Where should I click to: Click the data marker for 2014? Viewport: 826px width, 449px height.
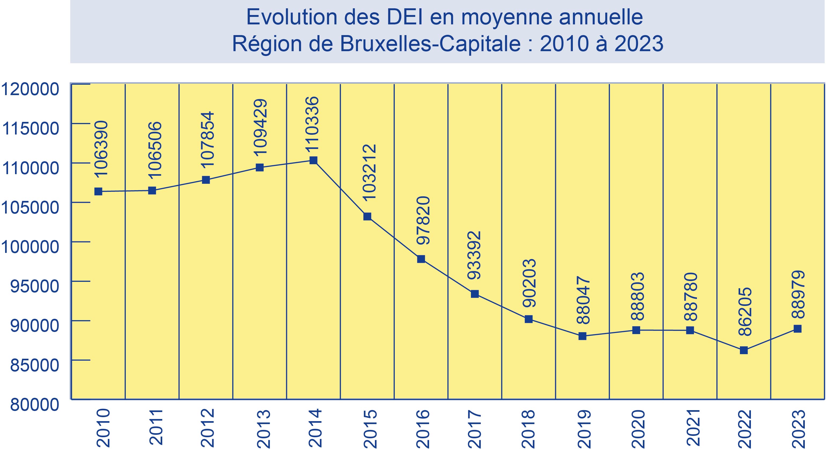313,160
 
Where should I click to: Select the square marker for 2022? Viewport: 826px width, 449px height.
744,350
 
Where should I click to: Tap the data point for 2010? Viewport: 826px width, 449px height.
98,192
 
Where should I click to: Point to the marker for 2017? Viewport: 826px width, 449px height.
475,294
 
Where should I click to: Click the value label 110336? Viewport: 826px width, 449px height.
312,124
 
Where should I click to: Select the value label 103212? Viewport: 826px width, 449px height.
369,172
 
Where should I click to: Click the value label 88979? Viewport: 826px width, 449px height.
798,294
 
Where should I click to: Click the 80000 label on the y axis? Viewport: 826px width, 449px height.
35,405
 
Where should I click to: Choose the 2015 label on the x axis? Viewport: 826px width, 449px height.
370,428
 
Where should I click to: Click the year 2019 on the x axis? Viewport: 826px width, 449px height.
584,428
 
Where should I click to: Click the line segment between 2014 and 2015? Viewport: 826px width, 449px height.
340,188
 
